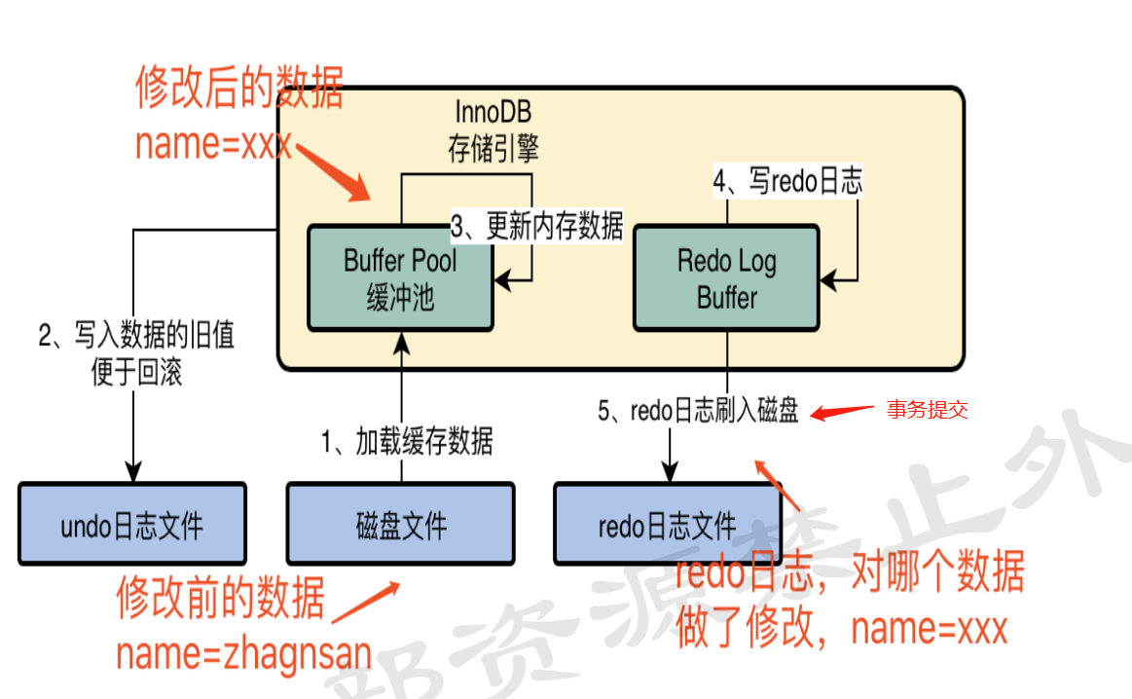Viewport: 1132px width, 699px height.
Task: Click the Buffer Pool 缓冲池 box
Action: click(x=401, y=278)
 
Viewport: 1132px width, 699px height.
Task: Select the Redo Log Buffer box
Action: click(x=726, y=278)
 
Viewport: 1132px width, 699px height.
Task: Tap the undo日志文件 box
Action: click(x=132, y=524)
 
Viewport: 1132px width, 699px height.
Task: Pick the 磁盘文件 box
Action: click(x=401, y=524)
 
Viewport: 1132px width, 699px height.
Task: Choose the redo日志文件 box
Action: click(x=668, y=524)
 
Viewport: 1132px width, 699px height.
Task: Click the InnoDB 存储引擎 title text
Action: click(x=493, y=130)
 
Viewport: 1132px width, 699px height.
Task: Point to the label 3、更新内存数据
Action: click(x=536, y=226)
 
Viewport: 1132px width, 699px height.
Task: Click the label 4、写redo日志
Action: click(x=787, y=180)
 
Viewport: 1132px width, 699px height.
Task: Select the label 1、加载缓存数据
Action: click(x=407, y=441)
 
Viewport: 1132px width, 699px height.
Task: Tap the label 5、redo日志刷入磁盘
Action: click(x=698, y=410)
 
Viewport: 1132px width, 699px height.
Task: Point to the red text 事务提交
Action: click(x=927, y=410)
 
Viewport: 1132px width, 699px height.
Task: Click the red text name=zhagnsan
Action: click(x=244, y=653)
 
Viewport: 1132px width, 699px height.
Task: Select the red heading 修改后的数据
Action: click(x=239, y=88)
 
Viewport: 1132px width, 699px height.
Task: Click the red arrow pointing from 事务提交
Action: click(x=842, y=413)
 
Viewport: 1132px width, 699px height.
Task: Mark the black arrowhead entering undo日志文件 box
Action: click(x=132, y=472)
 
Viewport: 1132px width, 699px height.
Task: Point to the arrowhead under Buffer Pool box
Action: click(x=401, y=343)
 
